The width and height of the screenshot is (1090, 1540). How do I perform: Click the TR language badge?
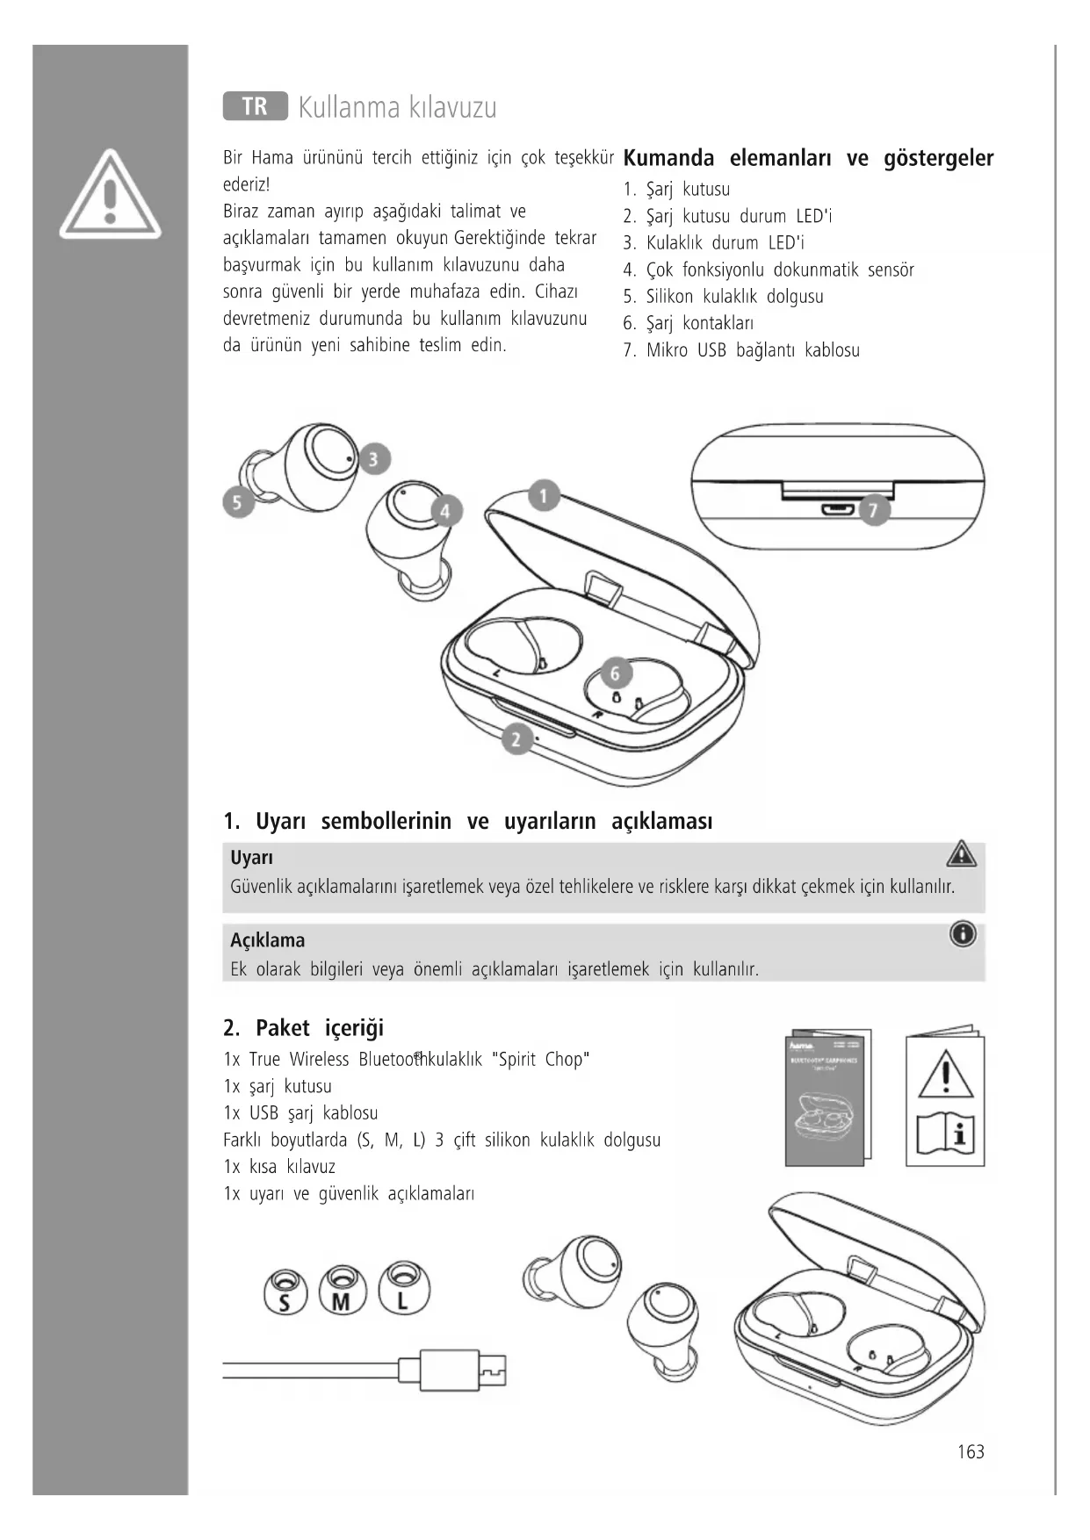255,106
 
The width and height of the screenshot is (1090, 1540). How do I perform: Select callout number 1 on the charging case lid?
544,496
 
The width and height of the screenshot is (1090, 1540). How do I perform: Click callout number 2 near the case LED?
516,739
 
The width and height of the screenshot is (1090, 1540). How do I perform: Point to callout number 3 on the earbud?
374,458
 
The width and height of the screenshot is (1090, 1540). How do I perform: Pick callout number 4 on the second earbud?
445,511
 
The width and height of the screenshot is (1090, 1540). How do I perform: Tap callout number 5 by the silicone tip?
238,502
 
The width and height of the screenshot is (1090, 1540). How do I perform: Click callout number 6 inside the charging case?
616,673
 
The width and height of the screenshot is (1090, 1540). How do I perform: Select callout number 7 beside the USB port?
873,509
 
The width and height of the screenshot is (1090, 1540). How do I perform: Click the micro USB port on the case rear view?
836,509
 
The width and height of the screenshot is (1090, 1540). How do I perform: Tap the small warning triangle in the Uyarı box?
962,853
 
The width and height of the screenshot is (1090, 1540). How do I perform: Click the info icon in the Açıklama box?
963,934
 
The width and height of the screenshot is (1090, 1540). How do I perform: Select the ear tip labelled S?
285,1292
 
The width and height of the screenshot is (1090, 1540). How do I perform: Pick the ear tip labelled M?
343,1291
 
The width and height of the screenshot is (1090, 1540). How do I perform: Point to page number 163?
971,1452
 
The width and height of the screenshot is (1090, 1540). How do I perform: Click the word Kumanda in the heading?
668,159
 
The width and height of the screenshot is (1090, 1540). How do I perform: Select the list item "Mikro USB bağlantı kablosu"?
752,350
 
